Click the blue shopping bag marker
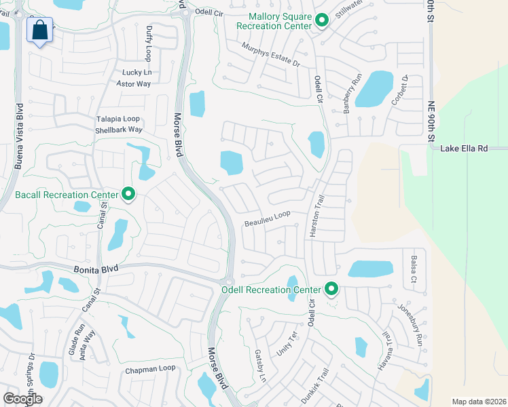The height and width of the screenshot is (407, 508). (x=40, y=31)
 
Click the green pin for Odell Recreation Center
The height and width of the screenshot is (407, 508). (x=331, y=290)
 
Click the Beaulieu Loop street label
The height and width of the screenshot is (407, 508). (x=268, y=218)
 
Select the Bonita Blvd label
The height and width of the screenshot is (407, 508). (x=96, y=269)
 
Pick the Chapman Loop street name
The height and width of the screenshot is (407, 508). (x=150, y=369)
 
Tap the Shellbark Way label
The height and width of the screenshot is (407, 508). (x=118, y=130)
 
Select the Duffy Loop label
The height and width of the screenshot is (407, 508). (x=148, y=43)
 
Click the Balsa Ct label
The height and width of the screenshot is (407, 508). (x=414, y=269)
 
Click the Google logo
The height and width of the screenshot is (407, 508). (x=23, y=398)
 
